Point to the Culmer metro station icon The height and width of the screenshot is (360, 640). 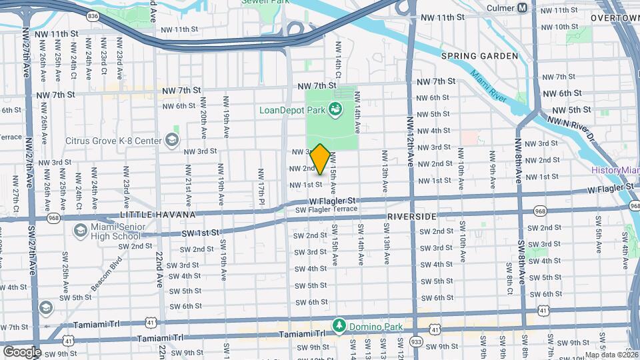click(x=523, y=8)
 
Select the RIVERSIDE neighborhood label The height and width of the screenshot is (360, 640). click(x=411, y=217)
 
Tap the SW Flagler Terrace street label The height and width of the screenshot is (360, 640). click(x=327, y=210)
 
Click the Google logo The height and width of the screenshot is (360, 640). click(x=22, y=351)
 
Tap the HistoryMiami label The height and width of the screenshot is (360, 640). click(x=614, y=171)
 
